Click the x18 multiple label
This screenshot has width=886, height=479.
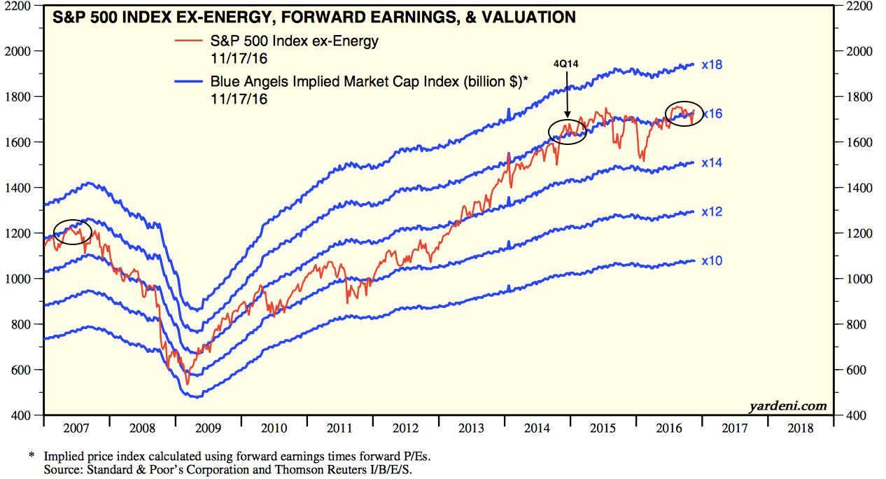tap(712, 65)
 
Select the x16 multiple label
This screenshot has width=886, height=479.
tap(712, 113)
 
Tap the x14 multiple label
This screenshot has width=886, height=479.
tap(712, 162)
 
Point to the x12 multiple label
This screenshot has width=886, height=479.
tap(712, 211)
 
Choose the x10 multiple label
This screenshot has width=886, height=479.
tap(712, 261)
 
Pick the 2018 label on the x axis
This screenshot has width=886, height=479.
tap(801, 427)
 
